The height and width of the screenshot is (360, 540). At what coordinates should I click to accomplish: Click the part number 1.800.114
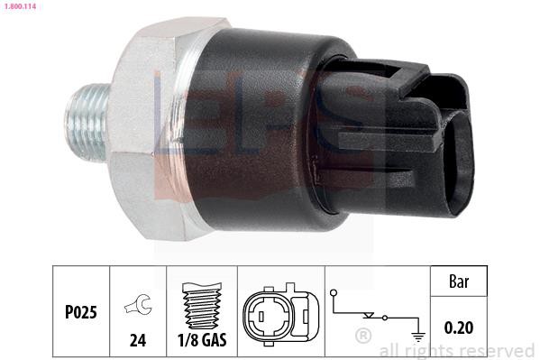click(x=20, y=6)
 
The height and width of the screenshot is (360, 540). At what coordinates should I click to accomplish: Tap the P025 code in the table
click(x=81, y=312)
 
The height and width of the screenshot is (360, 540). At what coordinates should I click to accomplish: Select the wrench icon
click(x=138, y=304)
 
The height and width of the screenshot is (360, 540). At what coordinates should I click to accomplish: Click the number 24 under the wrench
click(x=138, y=340)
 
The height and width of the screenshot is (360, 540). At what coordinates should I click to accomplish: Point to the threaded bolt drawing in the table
click(x=202, y=306)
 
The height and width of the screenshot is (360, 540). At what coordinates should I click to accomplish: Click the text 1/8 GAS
click(x=202, y=340)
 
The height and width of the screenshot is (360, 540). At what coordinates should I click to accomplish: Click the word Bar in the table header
click(x=459, y=282)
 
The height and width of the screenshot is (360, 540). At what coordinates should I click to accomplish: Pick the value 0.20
click(x=459, y=328)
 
